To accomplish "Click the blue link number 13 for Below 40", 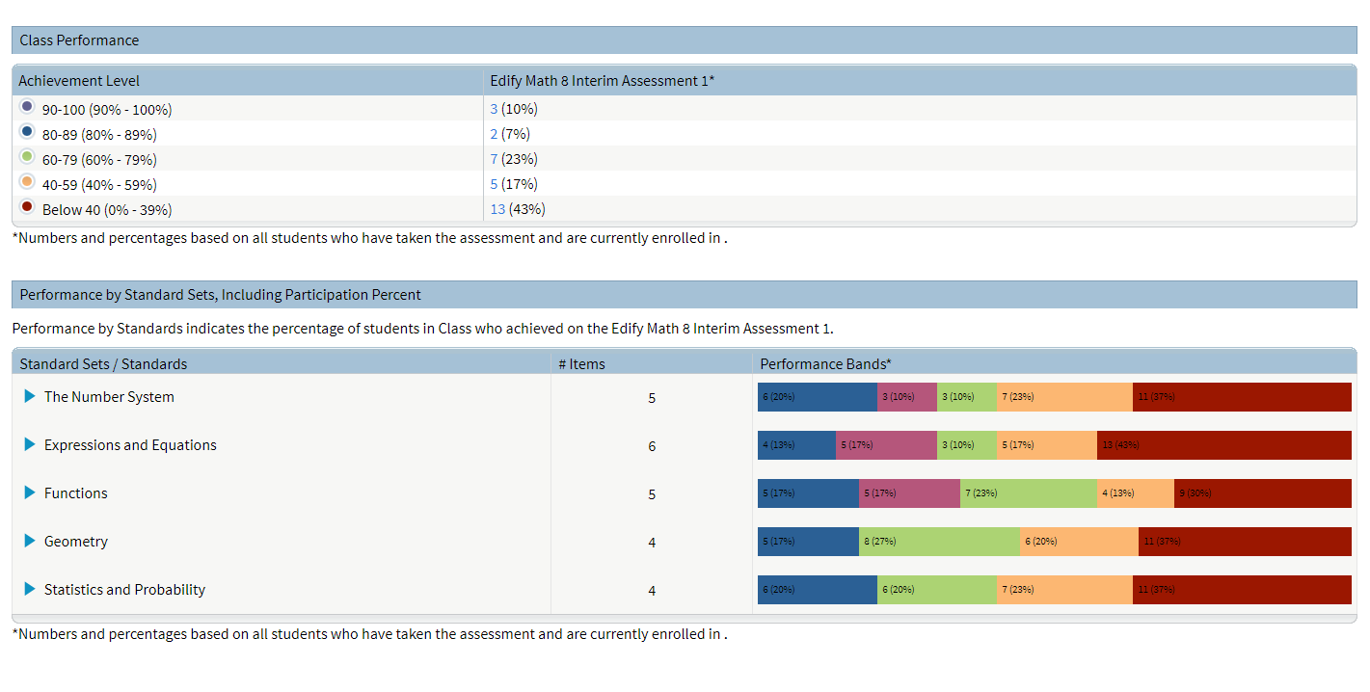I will click(497, 209).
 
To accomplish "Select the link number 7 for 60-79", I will click(494, 159).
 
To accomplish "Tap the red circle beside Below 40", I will click(27, 206).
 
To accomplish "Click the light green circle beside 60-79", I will click(27, 156).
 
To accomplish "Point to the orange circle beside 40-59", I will click(27, 181).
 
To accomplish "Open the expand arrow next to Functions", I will click(30, 492).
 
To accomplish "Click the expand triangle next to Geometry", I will click(30, 541).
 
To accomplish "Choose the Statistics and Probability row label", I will click(124, 590).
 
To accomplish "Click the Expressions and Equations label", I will click(130, 445).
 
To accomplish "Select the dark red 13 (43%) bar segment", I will click(1223, 445).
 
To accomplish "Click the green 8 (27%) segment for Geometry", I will click(939, 542).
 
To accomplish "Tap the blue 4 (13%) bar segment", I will click(796, 445).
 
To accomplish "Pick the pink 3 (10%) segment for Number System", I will click(907, 397).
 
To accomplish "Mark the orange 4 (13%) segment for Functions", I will click(1135, 493).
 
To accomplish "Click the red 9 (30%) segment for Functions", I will click(1262, 493).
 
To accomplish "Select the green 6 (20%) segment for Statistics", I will click(936, 590).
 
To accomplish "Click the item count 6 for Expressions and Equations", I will click(652, 446).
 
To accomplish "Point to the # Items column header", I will click(581, 363).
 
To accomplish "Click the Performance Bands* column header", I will click(825, 363).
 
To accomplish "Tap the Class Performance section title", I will click(79, 40).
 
